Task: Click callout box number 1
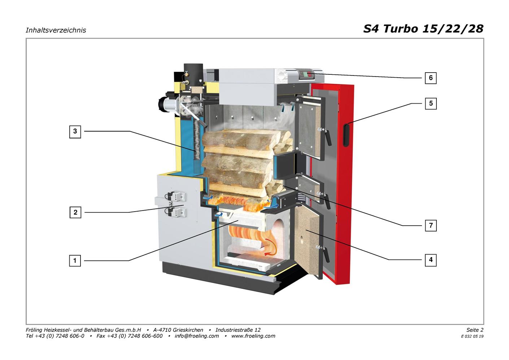tap(75, 260)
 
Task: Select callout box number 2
tap(75, 212)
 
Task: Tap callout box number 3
tap(75, 131)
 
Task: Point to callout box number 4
tap(430, 260)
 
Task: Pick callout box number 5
tap(430, 104)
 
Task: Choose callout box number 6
tap(430, 78)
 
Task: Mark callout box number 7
tap(430, 226)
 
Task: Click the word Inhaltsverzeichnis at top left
tap(56, 30)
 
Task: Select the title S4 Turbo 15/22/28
tap(423, 29)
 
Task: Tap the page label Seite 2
tap(475, 330)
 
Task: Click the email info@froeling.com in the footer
tap(196, 336)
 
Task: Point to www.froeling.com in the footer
tap(253, 336)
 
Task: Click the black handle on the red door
tap(347, 135)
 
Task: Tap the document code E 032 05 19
tap(472, 336)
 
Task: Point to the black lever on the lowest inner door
tap(326, 254)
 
